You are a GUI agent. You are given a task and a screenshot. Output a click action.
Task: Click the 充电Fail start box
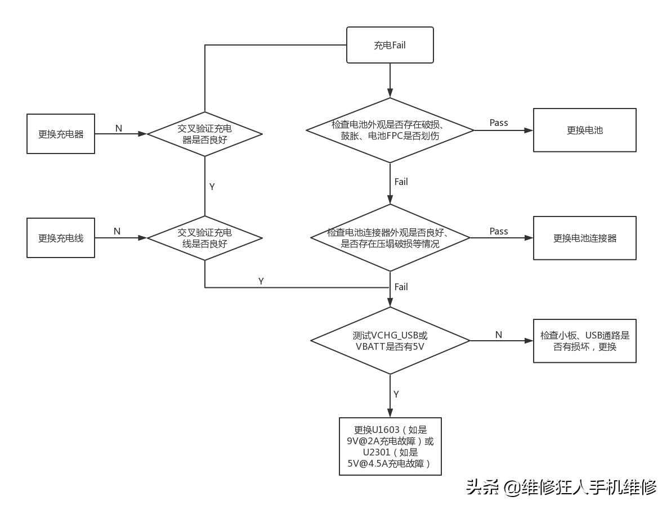(x=390, y=45)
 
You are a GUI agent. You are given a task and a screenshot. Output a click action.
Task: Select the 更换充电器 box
(x=61, y=134)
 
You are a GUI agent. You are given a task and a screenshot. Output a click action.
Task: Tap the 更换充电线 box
(x=61, y=238)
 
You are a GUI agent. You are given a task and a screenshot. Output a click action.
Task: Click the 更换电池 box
(x=584, y=130)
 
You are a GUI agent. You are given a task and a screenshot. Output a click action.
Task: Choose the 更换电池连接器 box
(x=584, y=238)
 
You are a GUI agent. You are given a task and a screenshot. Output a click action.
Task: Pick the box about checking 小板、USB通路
(x=584, y=341)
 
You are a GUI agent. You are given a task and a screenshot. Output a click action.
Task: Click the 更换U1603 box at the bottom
(x=390, y=446)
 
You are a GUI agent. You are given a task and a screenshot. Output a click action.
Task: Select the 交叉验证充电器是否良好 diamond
(x=204, y=134)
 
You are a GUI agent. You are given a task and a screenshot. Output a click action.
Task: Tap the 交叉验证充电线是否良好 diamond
(x=204, y=238)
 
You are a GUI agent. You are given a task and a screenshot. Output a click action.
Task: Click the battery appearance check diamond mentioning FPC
(x=390, y=130)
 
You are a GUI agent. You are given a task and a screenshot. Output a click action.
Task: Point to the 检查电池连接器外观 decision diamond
(x=390, y=238)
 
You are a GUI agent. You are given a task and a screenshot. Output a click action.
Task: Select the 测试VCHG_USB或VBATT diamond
(x=390, y=341)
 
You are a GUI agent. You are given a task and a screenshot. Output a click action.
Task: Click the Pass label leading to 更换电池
(x=498, y=123)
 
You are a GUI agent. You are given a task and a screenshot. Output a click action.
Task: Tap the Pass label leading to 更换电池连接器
(x=498, y=231)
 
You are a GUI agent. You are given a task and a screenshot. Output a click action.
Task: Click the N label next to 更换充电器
(x=118, y=128)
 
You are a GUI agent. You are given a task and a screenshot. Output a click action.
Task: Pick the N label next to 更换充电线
(x=117, y=231)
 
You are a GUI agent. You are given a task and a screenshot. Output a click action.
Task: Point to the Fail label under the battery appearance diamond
(x=401, y=182)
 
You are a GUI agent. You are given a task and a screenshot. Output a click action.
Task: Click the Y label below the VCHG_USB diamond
(x=396, y=394)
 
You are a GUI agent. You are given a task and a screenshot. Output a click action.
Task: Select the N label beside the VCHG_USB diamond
(x=498, y=335)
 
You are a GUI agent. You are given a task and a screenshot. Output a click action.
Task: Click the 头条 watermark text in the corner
(x=482, y=486)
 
